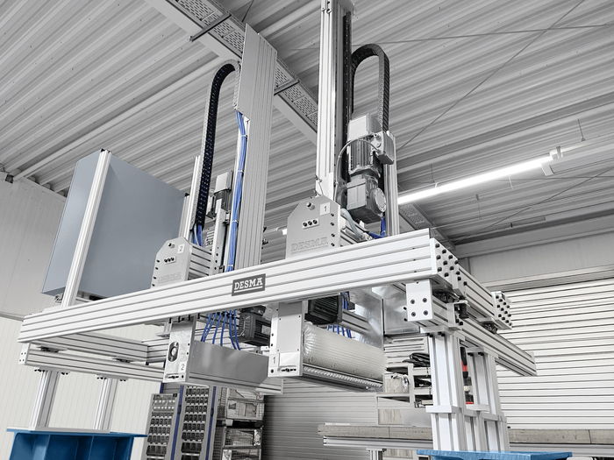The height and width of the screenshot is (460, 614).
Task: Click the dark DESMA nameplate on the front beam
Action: (x=248, y=285)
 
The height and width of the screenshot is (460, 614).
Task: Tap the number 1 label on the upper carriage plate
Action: (x=325, y=209)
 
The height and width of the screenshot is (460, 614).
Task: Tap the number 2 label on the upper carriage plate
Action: (x=181, y=248)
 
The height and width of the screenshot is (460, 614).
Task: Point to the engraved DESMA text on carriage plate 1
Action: (x=309, y=244)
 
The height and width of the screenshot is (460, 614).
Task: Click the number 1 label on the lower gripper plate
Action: (x=274, y=360)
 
